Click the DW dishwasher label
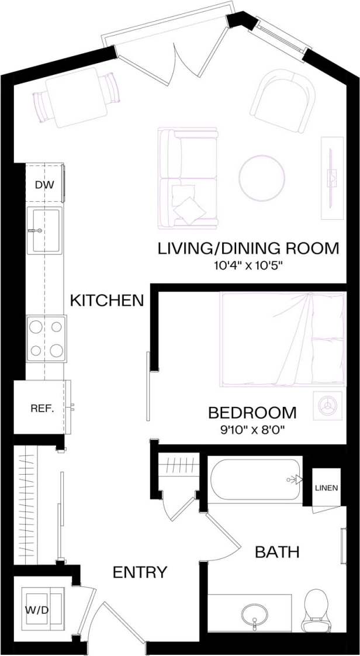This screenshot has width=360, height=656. pos(44,185)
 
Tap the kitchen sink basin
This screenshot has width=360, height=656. pos(45,231)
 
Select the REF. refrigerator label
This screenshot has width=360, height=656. pos(42,408)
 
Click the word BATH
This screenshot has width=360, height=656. pos(277,551)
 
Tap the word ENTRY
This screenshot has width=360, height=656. pos(140,572)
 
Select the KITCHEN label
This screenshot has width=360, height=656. pos(106,301)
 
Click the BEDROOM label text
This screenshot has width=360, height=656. pos(252,413)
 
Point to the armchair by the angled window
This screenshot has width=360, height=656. pos(282,101)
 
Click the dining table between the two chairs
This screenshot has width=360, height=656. pos(76,97)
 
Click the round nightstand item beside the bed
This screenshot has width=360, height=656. pos(325,405)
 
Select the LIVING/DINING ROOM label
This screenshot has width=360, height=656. pos(248,248)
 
